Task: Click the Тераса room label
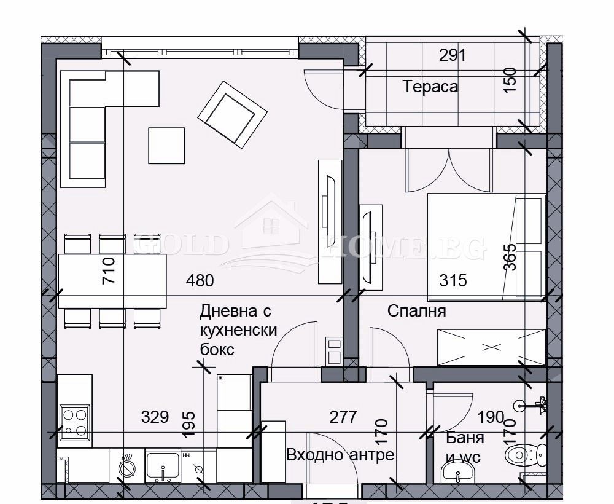point(430,87)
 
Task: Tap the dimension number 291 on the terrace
point(453,55)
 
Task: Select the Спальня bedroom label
point(416,311)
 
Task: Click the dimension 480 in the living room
point(200,281)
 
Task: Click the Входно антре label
point(340,455)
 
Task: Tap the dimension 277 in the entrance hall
point(343,417)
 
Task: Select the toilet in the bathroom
point(524,455)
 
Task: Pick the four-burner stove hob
point(75,421)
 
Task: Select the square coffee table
point(166,146)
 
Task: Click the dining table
point(112,282)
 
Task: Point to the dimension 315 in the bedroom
point(453,281)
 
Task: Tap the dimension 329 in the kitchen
point(155,417)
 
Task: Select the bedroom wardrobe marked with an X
point(491,347)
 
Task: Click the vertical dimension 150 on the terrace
point(510,79)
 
